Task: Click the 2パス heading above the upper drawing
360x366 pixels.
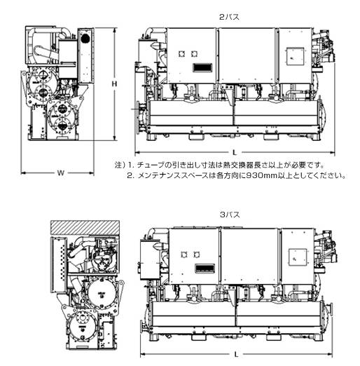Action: click(229, 17)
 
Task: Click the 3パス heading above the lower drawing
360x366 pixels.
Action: click(230, 215)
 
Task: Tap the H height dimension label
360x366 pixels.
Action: click(114, 84)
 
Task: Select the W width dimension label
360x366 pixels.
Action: click(61, 173)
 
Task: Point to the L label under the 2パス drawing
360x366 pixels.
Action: click(235, 153)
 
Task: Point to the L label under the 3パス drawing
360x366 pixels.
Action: click(236, 355)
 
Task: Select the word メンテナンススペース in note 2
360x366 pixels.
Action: click(173, 175)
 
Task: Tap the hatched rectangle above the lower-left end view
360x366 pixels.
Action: click(85, 228)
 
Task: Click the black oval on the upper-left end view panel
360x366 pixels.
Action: click(85, 39)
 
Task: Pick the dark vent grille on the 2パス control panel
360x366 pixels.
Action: click(202, 67)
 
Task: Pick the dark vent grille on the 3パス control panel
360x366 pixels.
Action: click(205, 269)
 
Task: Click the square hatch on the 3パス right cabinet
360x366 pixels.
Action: click(298, 257)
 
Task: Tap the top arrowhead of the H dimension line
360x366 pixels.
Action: click(114, 30)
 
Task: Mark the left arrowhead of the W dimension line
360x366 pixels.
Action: click(23, 173)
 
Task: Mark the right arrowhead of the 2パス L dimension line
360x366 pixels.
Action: click(332, 153)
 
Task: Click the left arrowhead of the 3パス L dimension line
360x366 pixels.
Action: click(143, 355)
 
